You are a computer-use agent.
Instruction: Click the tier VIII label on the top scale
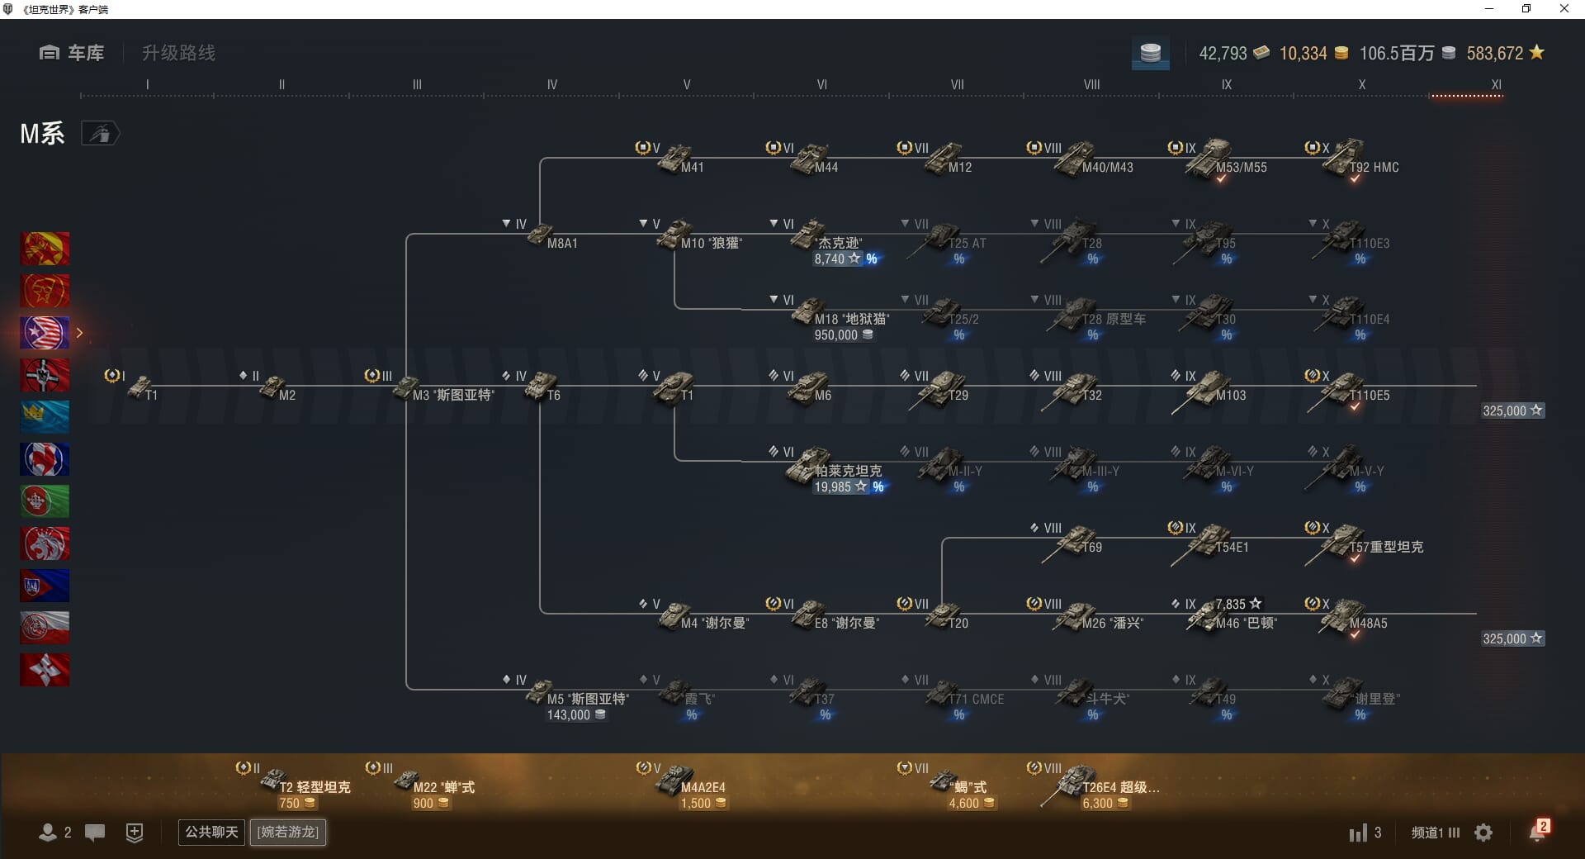(1091, 84)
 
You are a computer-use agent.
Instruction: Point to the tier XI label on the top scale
(1496, 84)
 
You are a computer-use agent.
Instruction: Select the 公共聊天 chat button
(211, 832)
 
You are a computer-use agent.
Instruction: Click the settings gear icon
(1483, 833)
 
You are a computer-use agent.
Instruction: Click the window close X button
(1564, 9)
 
